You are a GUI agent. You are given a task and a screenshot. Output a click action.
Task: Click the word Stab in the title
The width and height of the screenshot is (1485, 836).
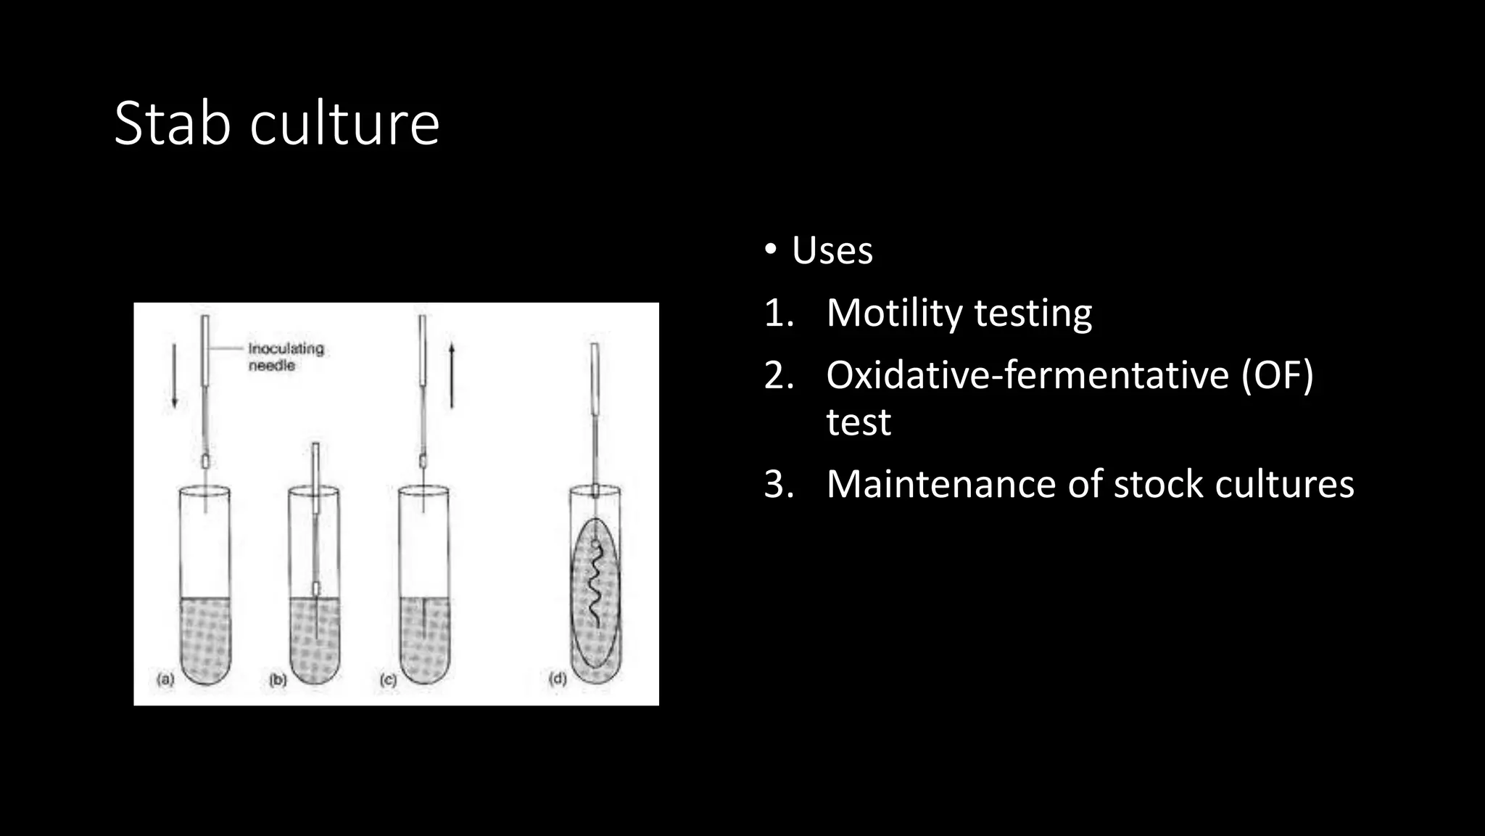click(x=172, y=123)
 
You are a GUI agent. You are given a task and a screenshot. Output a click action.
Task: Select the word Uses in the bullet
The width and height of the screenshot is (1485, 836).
click(x=832, y=251)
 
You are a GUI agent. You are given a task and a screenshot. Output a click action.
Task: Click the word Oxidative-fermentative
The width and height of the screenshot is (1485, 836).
click(x=1027, y=376)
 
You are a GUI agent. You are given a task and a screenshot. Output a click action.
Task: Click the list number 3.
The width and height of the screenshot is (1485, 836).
click(x=779, y=484)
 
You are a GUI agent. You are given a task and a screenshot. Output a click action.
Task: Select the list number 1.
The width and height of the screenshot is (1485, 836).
click(x=779, y=313)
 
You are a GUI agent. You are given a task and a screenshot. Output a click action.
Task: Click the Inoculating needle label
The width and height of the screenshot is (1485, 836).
click(x=286, y=356)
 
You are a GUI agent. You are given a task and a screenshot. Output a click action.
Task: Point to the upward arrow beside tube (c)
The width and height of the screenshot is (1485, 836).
click(x=452, y=375)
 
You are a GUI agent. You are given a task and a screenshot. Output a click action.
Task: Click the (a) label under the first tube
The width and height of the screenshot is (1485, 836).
click(x=166, y=680)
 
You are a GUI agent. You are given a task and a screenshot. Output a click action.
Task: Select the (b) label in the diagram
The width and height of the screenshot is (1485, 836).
click(x=278, y=680)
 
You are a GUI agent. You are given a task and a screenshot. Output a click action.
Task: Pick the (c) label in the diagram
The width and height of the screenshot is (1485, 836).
click(x=389, y=680)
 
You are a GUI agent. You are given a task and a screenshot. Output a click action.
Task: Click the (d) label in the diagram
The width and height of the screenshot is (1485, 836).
click(x=558, y=679)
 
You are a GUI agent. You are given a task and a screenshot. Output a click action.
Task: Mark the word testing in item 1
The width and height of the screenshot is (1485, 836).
click(x=1033, y=313)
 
